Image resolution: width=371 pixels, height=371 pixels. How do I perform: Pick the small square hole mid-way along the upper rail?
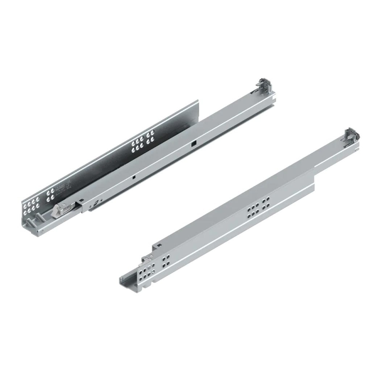tap(134, 178)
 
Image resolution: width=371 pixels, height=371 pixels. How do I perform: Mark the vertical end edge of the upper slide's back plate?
tap(199, 112)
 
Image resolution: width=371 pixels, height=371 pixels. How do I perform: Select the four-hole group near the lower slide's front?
tap(166, 262)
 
